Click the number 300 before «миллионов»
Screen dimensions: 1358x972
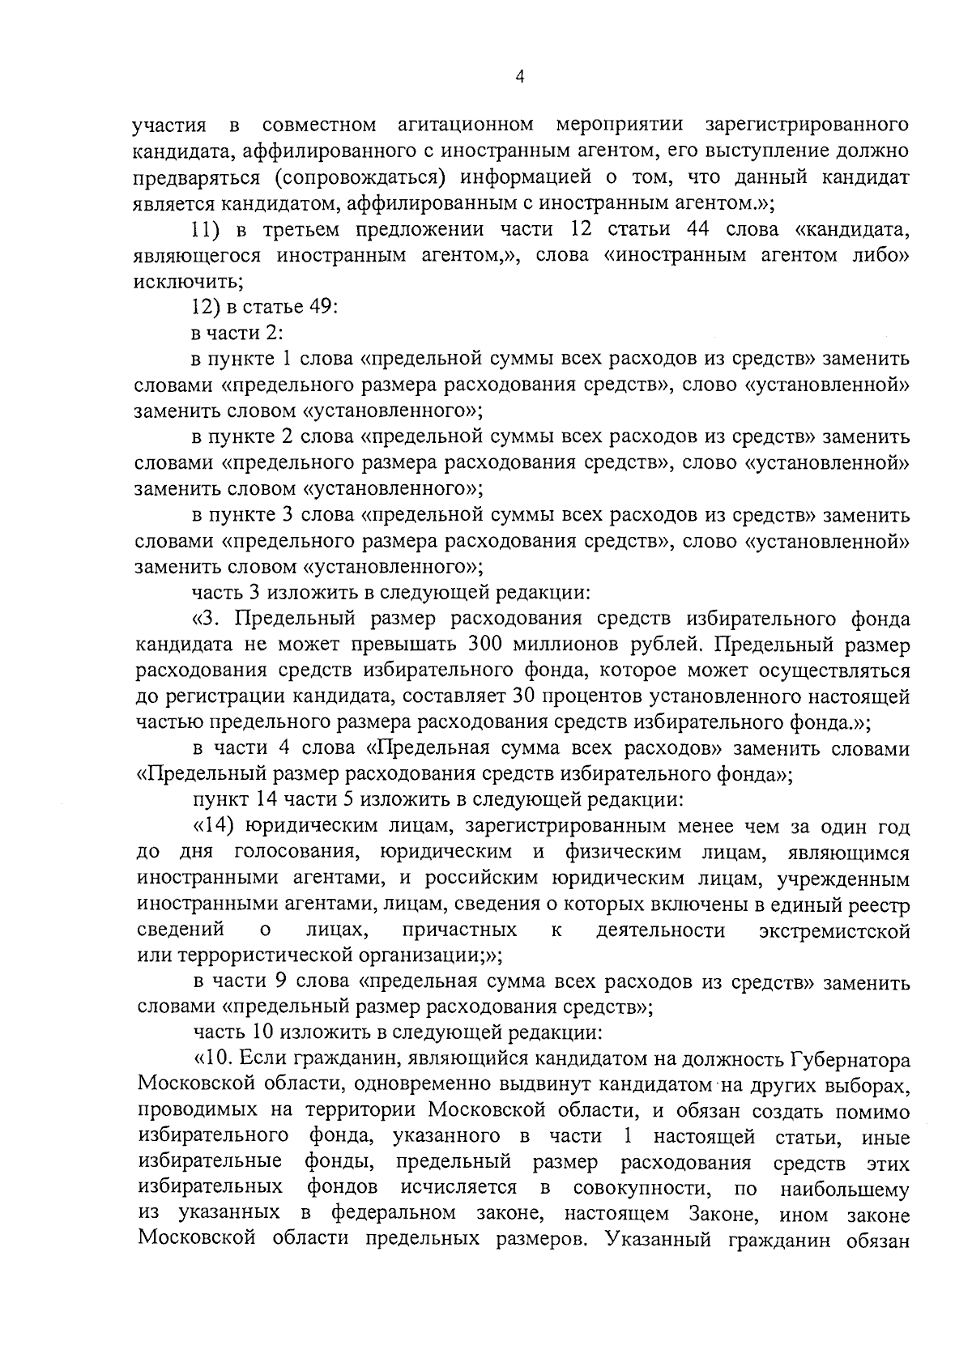(488, 645)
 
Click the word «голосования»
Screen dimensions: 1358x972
(292, 853)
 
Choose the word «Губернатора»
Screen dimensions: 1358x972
(850, 1061)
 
